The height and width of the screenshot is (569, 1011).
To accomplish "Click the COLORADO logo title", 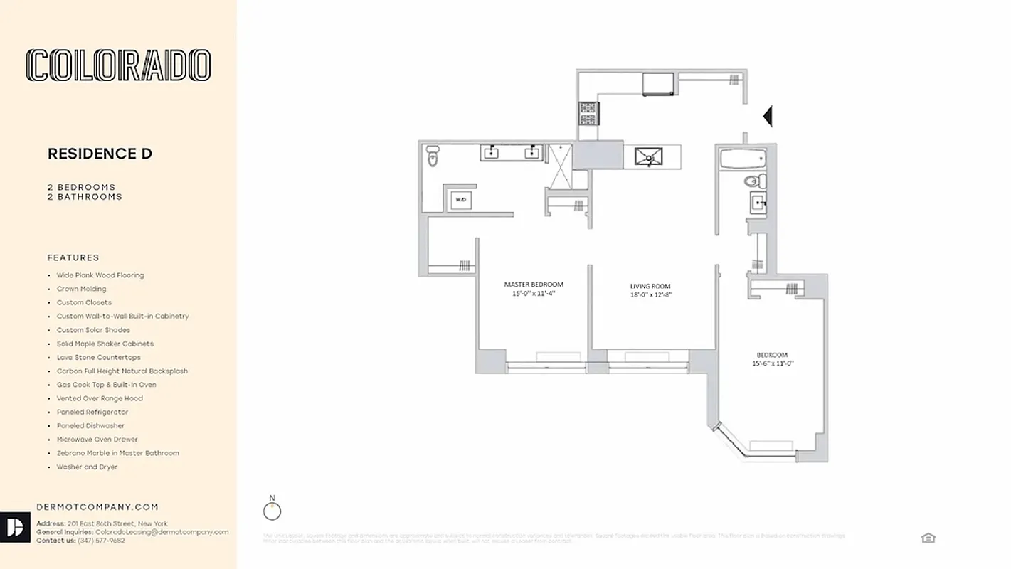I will (x=118, y=65).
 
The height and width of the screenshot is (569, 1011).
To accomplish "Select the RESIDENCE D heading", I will (x=100, y=154).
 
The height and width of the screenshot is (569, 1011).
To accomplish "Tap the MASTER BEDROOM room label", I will (x=534, y=284).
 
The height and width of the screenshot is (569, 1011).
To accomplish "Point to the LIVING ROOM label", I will (x=650, y=287).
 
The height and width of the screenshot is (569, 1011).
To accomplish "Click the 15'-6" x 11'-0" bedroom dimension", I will (x=772, y=363).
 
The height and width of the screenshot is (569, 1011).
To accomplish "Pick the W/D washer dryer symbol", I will (x=460, y=201).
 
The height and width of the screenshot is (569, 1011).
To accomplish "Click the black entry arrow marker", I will (x=767, y=115).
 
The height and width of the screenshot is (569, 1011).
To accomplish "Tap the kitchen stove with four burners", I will (x=589, y=112).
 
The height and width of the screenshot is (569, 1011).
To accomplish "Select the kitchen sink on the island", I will (x=648, y=156).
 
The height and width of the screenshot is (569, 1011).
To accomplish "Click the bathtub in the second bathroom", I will (x=741, y=157).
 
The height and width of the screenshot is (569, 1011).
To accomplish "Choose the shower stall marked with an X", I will (x=560, y=165).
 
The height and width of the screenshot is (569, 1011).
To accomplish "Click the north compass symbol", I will (x=272, y=510).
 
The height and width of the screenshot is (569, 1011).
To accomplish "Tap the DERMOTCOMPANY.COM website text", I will (x=97, y=507).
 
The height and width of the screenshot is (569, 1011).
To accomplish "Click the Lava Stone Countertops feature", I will (x=99, y=358).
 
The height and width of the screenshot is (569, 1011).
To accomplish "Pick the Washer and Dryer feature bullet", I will (x=87, y=467).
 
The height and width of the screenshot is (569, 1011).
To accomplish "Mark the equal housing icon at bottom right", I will (x=928, y=538).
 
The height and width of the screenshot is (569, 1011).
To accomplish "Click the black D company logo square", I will (x=15, y=527).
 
